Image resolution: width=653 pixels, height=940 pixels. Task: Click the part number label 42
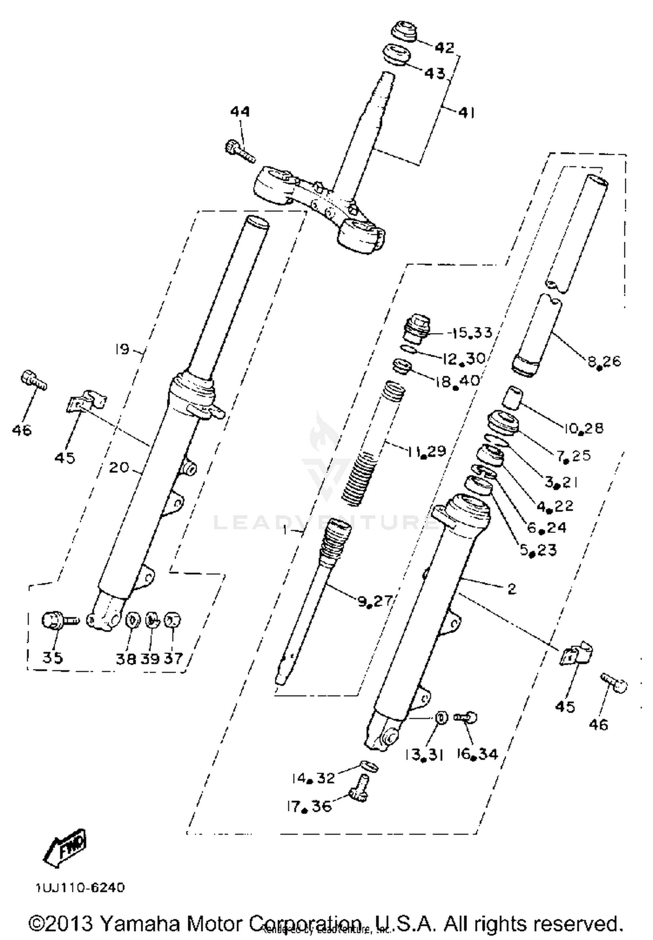pos(444,47)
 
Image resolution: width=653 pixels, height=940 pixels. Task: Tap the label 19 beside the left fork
pos(122,349)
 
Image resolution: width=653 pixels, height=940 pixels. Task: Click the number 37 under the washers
pos(173,658)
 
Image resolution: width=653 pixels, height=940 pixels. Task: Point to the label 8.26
pos(604,362)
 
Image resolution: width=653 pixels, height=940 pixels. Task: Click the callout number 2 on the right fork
pos(512,589)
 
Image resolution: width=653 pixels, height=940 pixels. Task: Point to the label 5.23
pos(538,550)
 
